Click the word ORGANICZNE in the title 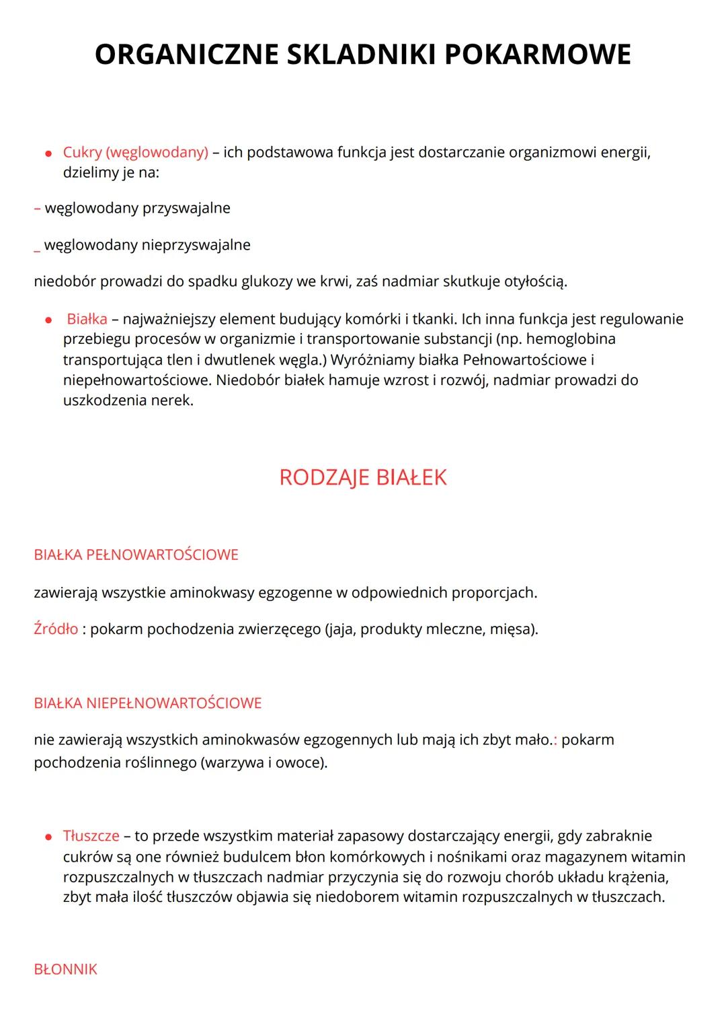coord(186,55)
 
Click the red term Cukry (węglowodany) coord(136,152)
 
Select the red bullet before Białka coord(48,320)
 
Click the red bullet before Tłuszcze coord(48,837)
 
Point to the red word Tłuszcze coord(91,836)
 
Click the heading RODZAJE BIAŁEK coord(363,477)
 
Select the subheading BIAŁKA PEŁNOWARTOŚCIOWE coord(136,555)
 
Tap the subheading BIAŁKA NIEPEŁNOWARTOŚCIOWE coord(148,703)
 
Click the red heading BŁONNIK coord(66,969)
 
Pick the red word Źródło coord(56,629)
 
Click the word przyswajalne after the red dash coord(186,208)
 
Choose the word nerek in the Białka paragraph coord(173,400)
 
